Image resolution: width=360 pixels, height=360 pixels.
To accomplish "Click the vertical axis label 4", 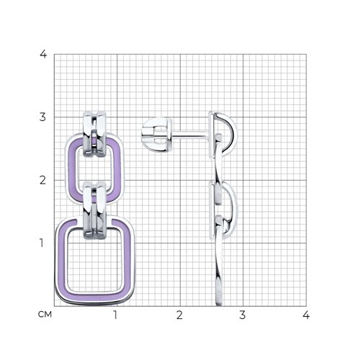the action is (x=43, y=54).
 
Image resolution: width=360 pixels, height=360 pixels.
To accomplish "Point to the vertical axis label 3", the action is (x=42, y=117).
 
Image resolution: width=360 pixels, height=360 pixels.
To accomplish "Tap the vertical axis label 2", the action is (x=42, y=180).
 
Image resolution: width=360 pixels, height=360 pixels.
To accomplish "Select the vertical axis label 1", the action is (x=42, y=243).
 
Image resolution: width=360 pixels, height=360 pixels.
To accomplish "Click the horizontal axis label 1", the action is (x=115, y=315).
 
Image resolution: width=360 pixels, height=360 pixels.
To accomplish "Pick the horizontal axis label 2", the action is (x=179, y=315).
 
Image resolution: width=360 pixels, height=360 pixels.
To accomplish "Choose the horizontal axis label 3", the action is (x=243, y=315).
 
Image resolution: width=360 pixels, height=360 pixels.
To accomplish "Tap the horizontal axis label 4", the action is (x=306, y=315).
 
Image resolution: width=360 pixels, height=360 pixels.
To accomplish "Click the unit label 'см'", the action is (x=45, y=315).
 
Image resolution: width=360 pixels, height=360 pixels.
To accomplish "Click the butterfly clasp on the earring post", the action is (x=157, y=135).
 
